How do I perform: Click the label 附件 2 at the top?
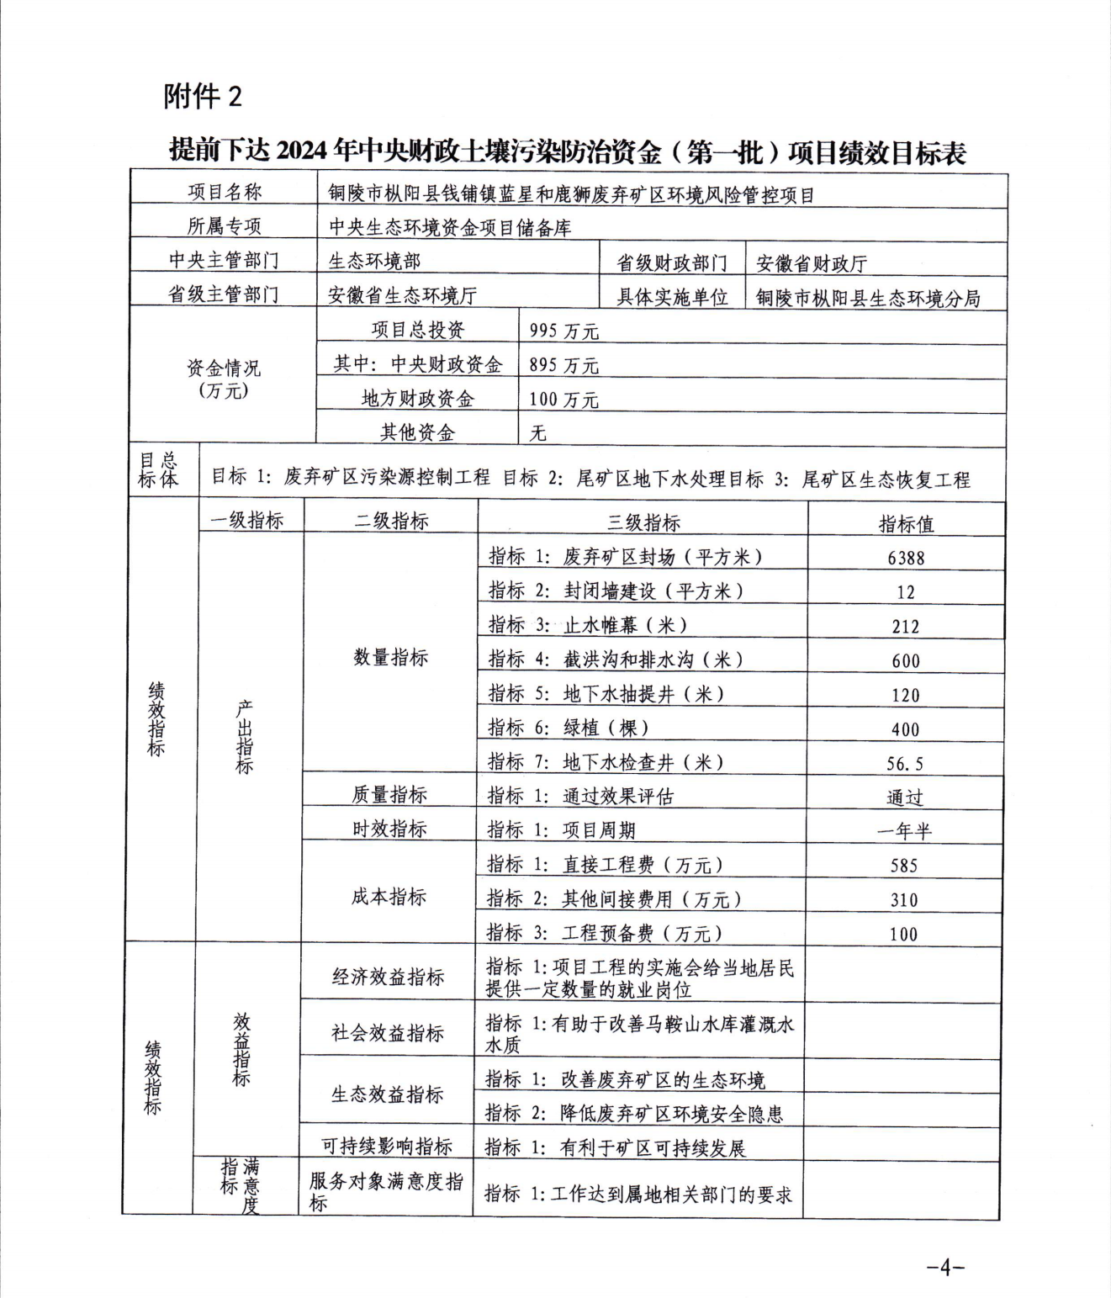coord(203,97)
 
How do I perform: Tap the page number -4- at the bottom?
coord(945,1267)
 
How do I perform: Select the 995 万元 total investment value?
coord(563,331)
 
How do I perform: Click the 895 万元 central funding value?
coord(563,365)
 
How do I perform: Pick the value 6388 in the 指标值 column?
coord(906,558)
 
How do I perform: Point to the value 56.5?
coord(905,764)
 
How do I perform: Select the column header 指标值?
coord(906,524)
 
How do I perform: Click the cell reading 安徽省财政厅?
coord(811,263)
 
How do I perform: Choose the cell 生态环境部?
coord(374,261)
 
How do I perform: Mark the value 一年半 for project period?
coord(904,832)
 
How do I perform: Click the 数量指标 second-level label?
coord(390,657)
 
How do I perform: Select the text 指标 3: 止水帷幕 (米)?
coord(588,625)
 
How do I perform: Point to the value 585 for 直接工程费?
coord(904,866)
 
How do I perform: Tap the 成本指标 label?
coord(389,897)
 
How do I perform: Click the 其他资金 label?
coord(417,432)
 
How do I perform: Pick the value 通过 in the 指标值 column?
coord(904,797)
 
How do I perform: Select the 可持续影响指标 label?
coord(387,1146)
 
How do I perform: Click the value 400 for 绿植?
coord(905,729)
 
